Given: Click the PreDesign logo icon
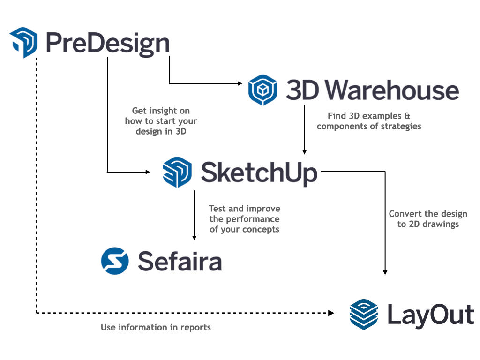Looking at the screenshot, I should tap(23, 43).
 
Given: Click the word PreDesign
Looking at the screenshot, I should tap(107, 43).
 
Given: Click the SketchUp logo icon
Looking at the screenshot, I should tap(177, 172).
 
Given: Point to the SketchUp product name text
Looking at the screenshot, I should tap(259, 172).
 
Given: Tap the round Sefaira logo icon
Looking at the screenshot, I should tap(115, 261).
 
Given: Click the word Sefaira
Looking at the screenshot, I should tap(180, 261).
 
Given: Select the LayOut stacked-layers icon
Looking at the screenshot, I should tap(364, 314).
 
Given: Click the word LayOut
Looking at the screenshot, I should tap(430, 314).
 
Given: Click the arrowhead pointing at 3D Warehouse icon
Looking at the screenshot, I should tap(240, 83).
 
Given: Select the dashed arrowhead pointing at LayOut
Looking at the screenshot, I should tap(331, 313).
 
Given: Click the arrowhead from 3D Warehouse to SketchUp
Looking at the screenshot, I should tap(304, 151).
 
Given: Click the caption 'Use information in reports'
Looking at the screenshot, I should tap(156, 327).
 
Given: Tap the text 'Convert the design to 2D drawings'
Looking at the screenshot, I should tap(427, 219).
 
